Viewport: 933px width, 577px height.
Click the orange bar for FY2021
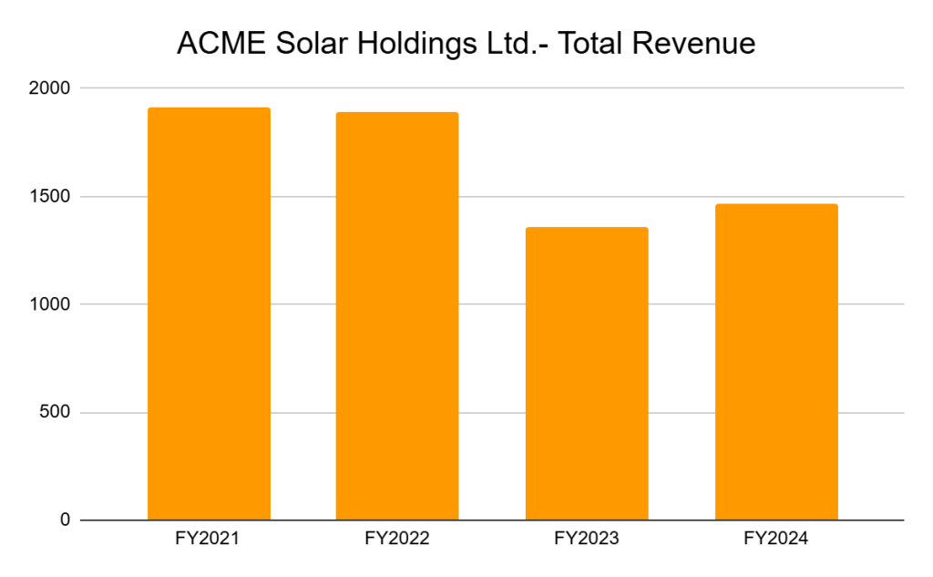209,314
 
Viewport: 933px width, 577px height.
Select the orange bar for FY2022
397,316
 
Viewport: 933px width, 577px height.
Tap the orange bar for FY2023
587,374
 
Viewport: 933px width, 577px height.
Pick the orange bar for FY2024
776,362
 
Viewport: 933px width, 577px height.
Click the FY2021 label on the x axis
208,539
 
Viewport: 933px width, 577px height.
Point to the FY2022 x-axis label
397,539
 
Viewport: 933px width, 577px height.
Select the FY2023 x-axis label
587,539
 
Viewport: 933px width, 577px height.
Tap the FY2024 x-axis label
776,539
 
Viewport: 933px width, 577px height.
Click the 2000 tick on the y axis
49,88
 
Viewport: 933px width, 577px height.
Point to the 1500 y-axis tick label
49,197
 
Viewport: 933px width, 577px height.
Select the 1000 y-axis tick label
49,304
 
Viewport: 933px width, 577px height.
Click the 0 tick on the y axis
65,520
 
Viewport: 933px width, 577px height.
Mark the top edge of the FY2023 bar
587,228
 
